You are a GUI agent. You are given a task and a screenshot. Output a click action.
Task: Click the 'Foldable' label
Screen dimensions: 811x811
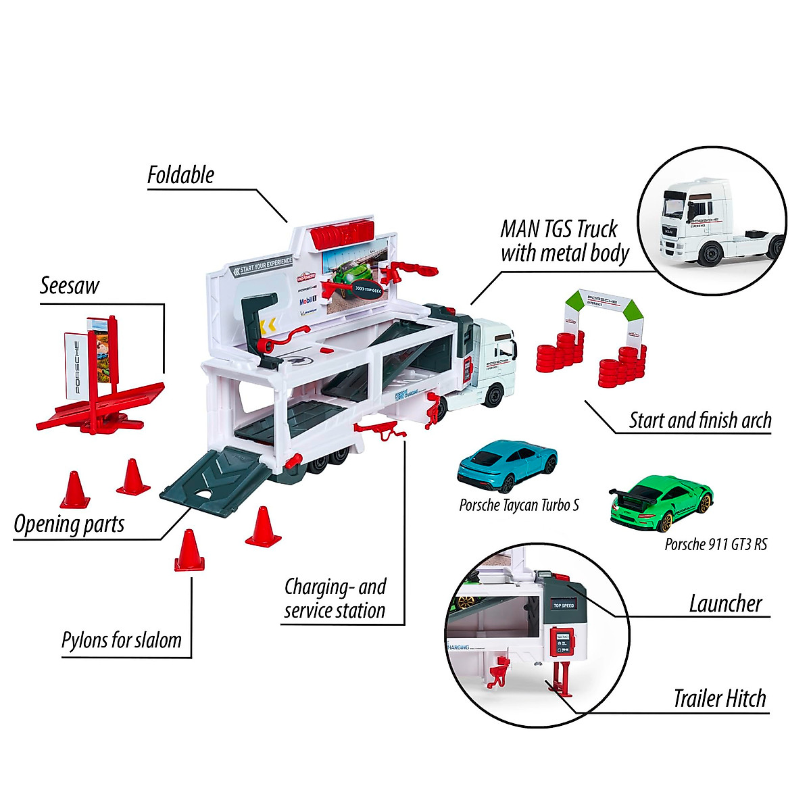pos(180,175)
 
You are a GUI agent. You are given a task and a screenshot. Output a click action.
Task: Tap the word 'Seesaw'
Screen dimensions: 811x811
pos(69,286)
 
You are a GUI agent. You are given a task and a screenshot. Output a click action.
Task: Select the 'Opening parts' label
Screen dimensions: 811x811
pos(69,524)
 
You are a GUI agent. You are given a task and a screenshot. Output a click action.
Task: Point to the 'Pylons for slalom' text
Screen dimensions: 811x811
pos(122,640)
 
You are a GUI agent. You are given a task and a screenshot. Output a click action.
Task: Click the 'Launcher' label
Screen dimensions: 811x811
pos(725,604)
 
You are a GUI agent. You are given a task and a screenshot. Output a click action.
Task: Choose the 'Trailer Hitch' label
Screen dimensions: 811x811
pos(720,698)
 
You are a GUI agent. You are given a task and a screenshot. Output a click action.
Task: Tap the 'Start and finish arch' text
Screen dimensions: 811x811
pos(700,420)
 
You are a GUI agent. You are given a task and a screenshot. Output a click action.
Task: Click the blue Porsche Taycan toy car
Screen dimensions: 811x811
pos(507,466)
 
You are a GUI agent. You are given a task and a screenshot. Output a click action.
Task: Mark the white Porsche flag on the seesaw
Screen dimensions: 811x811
pos(76,365)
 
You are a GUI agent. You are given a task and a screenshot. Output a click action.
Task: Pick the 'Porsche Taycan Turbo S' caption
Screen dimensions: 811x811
pos(519,505)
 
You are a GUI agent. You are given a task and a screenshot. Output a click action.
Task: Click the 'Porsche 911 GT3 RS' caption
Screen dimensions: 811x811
pos(716,544)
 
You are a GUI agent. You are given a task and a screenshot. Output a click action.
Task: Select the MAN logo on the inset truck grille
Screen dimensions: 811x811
pos(669,230)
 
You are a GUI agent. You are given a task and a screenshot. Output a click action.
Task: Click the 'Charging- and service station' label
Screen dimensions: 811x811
pos(335,598)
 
